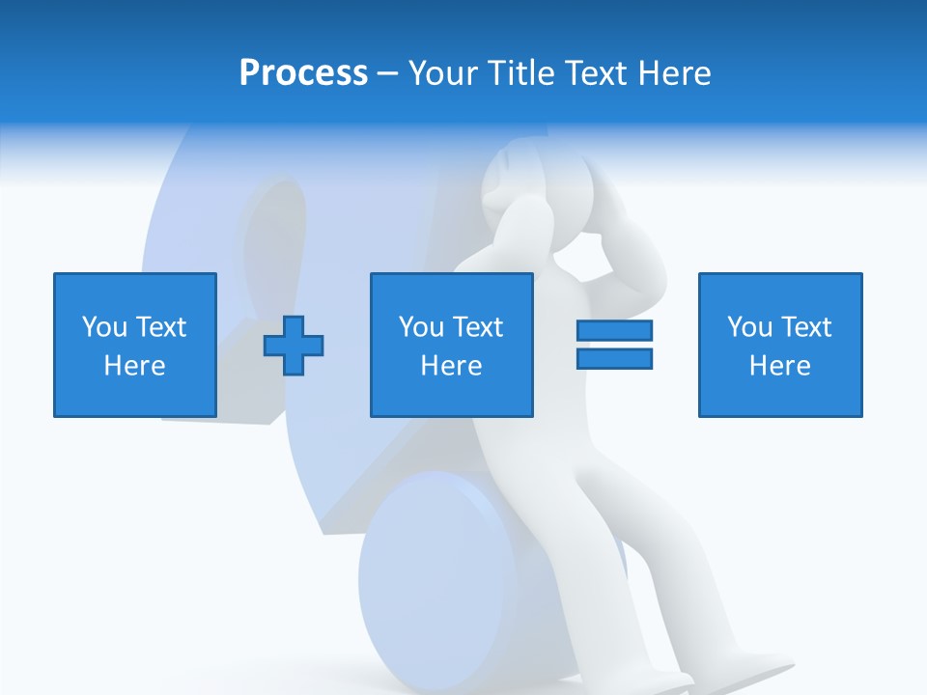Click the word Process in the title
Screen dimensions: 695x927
303,73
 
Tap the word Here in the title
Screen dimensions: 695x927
672,73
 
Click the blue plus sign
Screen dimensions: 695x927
294,345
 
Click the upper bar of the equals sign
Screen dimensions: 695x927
614,330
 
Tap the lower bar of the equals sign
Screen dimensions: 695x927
614,359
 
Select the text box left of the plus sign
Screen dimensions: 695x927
134,345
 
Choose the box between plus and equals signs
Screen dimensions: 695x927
451,345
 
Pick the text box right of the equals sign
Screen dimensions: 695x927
779,345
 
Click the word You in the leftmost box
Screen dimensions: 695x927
104,327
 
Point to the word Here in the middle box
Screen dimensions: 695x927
451,366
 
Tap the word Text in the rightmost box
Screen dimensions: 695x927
805,327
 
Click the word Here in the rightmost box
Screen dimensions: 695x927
779,366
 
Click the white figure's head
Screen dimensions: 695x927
526,179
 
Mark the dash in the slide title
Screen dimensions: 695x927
388,74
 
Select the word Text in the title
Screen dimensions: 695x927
590,73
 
